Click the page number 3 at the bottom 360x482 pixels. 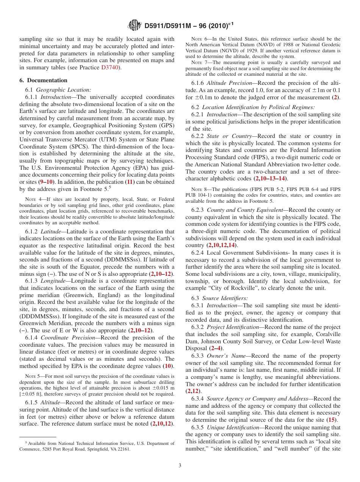180,465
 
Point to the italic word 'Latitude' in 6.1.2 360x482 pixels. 50,232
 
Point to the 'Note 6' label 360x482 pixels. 197,39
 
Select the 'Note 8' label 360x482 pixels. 197,189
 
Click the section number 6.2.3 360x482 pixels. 197,210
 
